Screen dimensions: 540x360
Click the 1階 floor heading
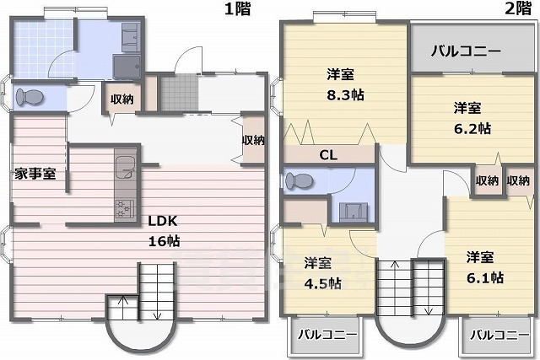pos(238,8)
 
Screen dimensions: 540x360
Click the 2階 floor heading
pos(518,8)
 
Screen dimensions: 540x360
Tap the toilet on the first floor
pos(30,97)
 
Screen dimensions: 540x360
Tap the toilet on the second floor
pos(299,180)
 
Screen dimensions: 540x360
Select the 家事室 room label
pos(35,174)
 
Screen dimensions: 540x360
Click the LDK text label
pos(163,221)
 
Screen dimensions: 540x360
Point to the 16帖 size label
pos(164,241)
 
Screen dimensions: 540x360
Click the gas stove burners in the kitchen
pos(125,208)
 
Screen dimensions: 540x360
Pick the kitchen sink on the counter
pos(126,168)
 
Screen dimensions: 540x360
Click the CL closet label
pos(328,155)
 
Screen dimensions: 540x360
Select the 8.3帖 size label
pos(345,94)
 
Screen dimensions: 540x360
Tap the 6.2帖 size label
pos(472,128)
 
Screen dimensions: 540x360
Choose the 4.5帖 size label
pos(322,283)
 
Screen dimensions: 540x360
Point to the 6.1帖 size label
pos(485,277)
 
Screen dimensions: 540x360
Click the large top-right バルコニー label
pos(466,51)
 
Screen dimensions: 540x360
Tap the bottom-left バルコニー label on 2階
pos(327,335)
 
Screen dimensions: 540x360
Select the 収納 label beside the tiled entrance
pos(121,99)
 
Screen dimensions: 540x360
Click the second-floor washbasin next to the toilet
pos(354,212)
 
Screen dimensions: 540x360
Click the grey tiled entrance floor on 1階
pos(180,92)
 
